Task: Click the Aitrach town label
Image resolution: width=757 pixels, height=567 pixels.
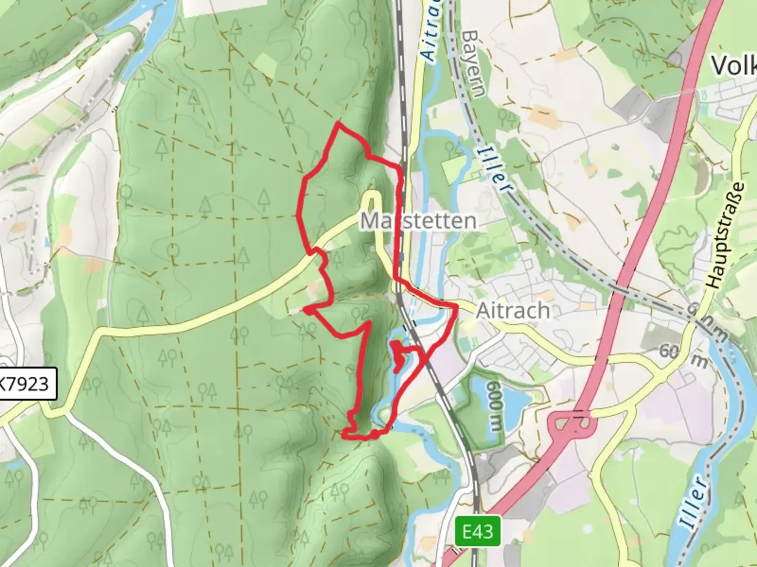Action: pos(513,311)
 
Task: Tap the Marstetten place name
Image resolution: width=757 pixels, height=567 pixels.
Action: pos(418,221)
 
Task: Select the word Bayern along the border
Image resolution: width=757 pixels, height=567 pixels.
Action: pos(474,64)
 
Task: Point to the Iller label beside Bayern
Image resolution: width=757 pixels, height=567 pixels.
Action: pos(494,169)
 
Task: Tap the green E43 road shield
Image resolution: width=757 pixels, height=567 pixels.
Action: pos(478,531)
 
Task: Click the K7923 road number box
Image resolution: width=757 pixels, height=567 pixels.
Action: pos(25,384)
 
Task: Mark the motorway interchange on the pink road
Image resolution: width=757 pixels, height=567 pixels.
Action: pos(571,423)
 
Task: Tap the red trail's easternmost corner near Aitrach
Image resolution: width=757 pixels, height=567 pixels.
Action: pos(455,306)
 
